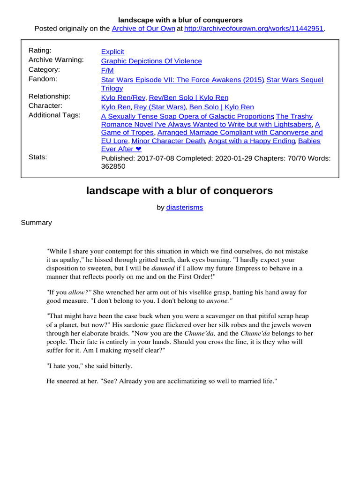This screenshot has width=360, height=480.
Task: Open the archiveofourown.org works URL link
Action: [254, 29]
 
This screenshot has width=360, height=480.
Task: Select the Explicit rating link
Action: [112, 52]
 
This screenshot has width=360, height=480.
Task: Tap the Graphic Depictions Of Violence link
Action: [151, 61]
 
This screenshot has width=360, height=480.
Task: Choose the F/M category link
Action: [107, 70]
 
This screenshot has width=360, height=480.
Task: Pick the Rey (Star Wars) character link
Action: [160, 107]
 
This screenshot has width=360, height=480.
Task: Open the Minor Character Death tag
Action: [168, 141]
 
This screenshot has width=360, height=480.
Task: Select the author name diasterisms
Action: [185, 207]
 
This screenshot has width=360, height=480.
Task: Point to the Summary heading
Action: [36, 223]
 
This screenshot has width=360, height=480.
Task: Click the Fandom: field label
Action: [43, 79]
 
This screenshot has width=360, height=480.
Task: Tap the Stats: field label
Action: [38, 157]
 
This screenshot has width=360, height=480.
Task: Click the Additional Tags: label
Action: [54, 115]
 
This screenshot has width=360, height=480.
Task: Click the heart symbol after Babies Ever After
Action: [138, 149]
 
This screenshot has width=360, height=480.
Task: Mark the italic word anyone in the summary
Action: [219, 301]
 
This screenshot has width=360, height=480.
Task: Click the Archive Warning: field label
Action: [56, 60]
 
